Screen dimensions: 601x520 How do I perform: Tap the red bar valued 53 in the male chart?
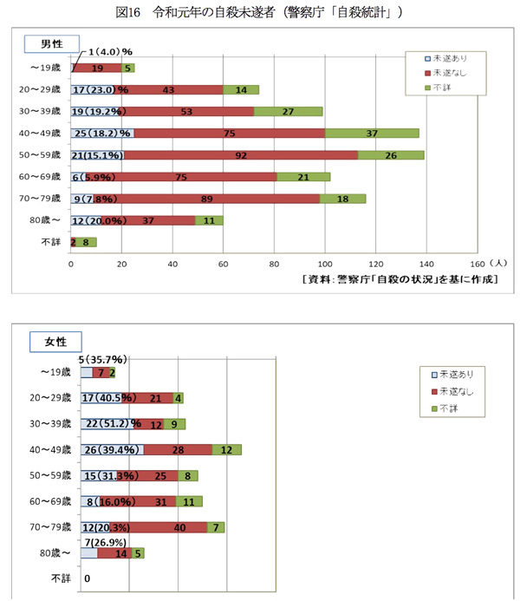click(187, 111)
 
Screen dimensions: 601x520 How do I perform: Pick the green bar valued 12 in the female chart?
click(226, 449)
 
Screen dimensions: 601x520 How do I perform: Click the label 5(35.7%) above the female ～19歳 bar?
click(103, 359)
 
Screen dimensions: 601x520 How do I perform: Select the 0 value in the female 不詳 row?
click(87, 578)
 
